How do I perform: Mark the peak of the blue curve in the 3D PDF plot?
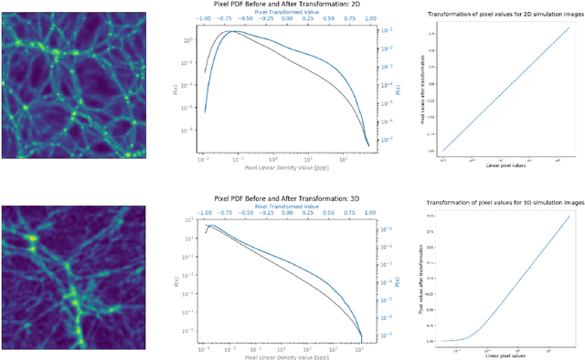click(211, 225)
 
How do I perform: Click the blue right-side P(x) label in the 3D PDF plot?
click(397, 279)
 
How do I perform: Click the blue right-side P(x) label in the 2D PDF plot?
click(397, 90)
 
